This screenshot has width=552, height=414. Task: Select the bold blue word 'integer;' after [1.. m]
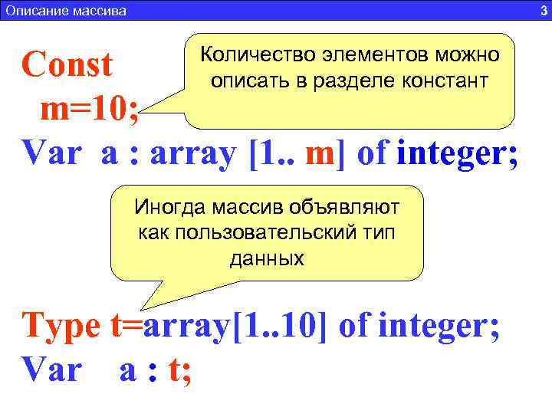point(458,156)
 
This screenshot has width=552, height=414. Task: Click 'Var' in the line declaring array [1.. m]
point(51,156)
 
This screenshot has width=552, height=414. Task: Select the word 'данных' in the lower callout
point(266,259)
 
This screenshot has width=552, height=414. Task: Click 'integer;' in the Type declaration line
point(440,327)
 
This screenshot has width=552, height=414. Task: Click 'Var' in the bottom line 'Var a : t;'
point(51,370)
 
